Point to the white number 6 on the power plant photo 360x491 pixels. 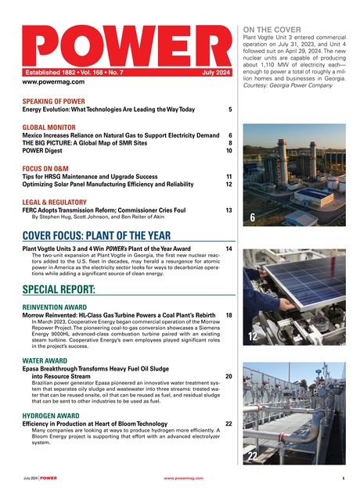pos(252,217)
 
